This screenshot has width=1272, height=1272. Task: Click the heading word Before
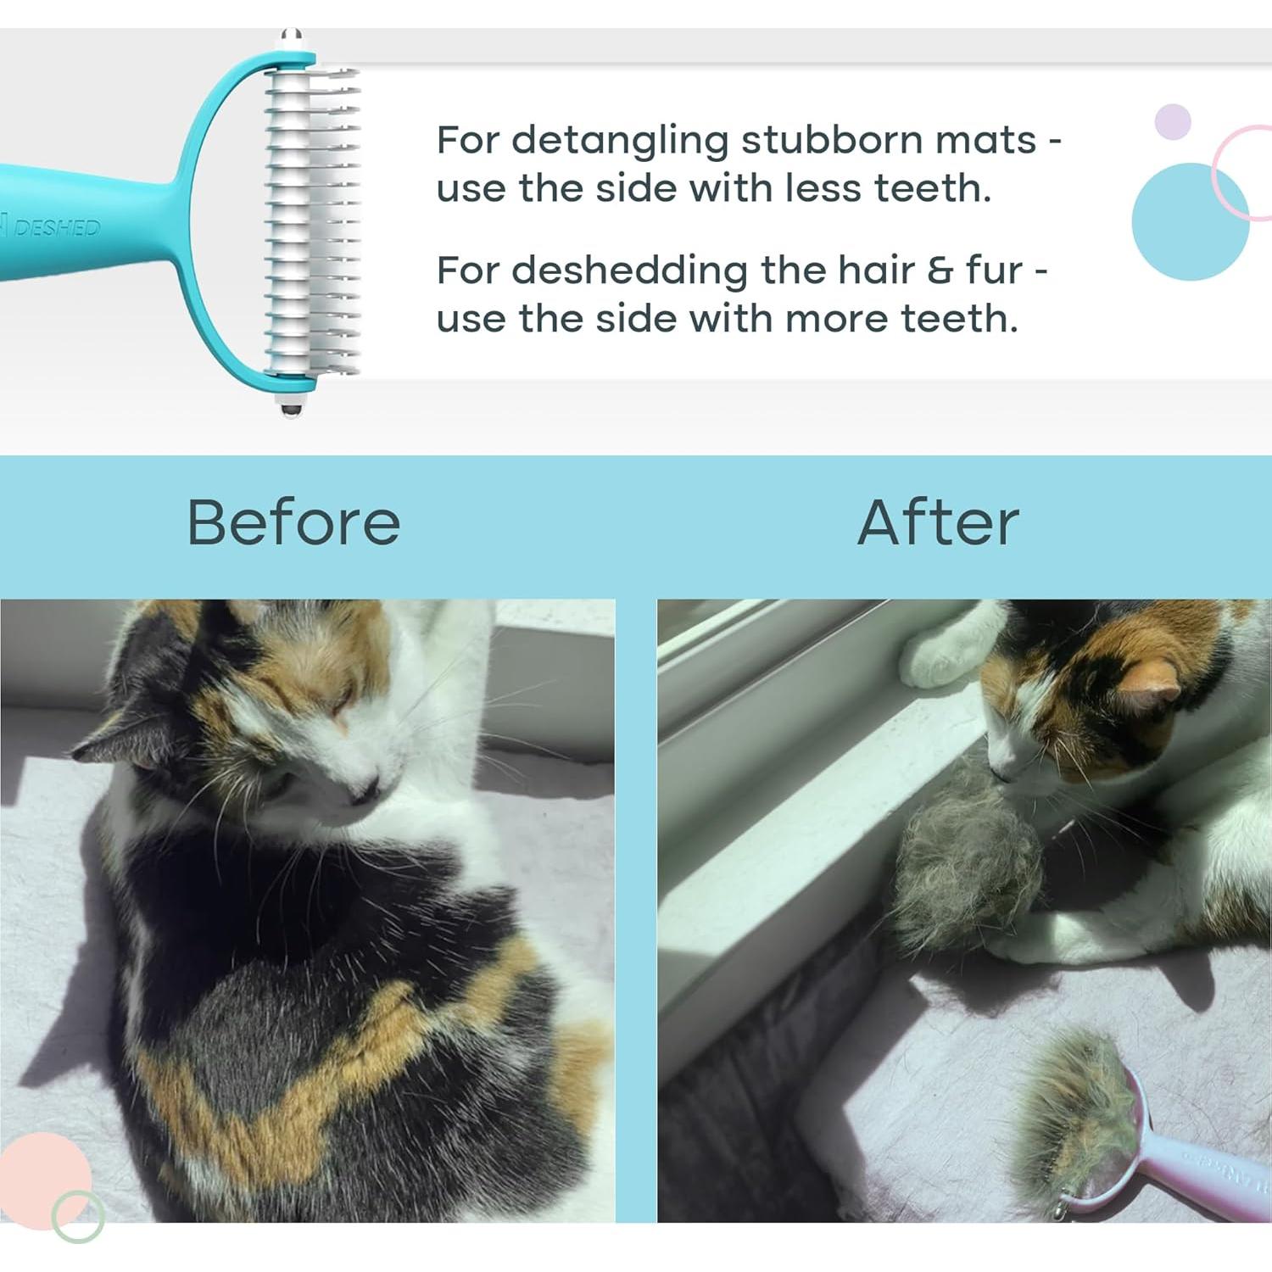point(293,522)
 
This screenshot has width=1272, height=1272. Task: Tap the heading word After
point(938,522)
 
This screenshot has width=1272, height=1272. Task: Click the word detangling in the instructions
point(620,141)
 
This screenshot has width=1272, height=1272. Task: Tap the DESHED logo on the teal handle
point(56,227)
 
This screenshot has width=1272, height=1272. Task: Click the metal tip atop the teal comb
point(291,39)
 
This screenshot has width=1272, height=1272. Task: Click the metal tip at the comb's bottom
point(291,408)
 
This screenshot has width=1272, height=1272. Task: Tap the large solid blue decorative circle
point(1189,221)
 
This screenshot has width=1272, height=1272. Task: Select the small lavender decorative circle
point(1173,122)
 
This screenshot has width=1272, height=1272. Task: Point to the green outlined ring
point(78,1217)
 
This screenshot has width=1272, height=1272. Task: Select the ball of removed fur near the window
point(967,873)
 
